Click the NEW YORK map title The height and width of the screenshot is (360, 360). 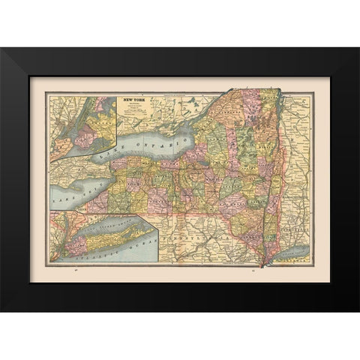point(135,99)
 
